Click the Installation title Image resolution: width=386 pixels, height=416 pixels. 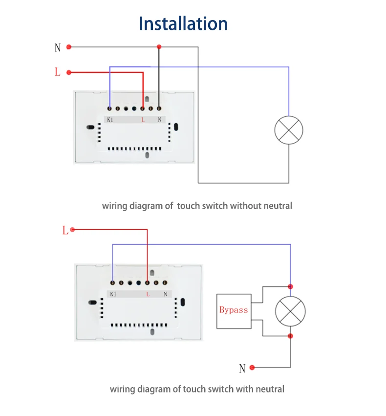[183, 23]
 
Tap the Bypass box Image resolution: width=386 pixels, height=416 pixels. [234, 311]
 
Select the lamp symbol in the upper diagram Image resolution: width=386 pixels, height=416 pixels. [289, 130]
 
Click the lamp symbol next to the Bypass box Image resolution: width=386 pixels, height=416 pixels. [290, 311]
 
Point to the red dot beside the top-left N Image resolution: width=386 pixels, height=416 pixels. [69, 47]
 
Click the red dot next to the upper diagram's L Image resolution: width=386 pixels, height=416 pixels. [69, 72]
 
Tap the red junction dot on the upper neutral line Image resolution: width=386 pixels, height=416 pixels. [159, 47]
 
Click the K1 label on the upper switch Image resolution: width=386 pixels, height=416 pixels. [110, 120]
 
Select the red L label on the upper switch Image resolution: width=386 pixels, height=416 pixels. [143, 120]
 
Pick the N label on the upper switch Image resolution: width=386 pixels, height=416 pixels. [160, 120]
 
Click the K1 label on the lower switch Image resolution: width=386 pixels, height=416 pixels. [113, 294]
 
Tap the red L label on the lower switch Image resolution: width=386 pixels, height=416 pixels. [148, 294]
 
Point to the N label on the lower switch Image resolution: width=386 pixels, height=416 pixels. [166, 294]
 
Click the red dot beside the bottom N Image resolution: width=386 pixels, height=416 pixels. [252, 368]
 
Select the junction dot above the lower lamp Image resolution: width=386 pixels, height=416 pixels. [290, 286]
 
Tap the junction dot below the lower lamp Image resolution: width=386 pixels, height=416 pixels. [290, 336]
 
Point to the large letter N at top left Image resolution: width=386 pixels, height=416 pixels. [58, 48]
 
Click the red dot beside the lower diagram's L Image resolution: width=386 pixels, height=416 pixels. [73, 229]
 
